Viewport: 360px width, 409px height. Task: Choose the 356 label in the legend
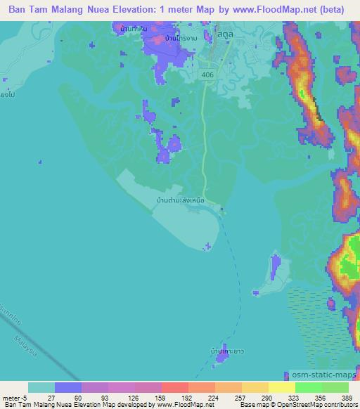pyautogui.click(x=322, y=398)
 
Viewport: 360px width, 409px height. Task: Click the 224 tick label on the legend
pyautogui.click(x=190, y=398)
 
